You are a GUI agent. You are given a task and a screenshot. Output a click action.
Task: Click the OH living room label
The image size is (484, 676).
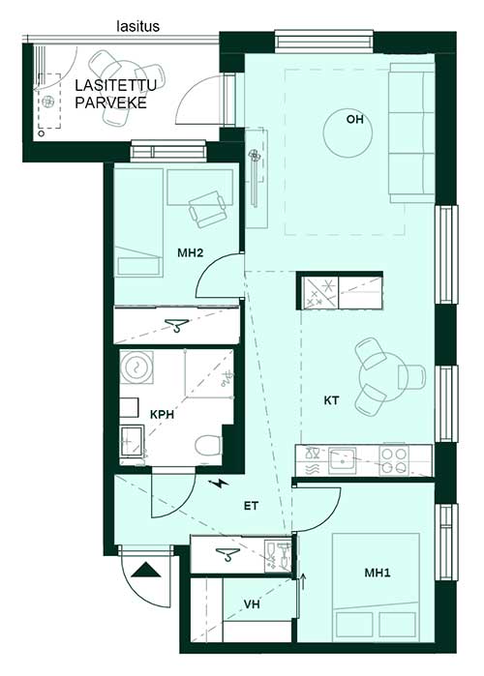(354, 119)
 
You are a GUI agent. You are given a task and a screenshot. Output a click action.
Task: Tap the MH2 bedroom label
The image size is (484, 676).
(191, 252)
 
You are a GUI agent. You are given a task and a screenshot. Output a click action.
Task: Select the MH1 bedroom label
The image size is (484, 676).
(378, 573)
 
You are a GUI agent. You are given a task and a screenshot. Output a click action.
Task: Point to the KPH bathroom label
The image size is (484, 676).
(162, 414)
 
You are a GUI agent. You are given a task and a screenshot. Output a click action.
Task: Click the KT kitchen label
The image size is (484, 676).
(331, 400)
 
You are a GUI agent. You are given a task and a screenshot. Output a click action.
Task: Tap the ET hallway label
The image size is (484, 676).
(251, 505)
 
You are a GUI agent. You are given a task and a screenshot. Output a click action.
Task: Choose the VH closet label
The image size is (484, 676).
(252, 604)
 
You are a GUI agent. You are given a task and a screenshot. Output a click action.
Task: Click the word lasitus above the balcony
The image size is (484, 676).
(138, 26)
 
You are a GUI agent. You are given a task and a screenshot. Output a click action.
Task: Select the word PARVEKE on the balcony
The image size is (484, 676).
(111, 103)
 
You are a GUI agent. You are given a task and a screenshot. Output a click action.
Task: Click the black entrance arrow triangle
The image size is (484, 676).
(146, 570)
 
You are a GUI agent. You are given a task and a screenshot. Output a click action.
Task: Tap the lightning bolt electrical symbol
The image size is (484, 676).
(220, 484)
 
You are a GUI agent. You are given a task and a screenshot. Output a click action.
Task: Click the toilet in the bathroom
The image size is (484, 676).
(208, 446)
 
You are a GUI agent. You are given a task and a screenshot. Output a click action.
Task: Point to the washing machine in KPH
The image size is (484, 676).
(136, 367)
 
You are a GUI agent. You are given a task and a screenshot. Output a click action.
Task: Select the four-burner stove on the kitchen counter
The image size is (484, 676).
(394, 460)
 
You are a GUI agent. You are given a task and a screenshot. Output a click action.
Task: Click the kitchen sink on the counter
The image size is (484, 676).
(343, 460)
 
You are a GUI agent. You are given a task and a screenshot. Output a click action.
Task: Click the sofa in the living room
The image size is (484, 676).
(412, 132)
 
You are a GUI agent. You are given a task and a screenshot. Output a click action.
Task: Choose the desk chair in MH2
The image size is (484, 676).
(207, 209)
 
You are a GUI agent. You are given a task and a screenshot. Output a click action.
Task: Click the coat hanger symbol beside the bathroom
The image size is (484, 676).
(177, 325)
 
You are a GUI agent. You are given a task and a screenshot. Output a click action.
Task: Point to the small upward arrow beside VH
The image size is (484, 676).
(303, 581)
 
